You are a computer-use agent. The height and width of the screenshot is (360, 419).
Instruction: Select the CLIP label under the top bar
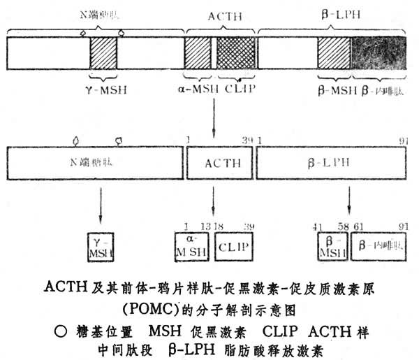pos(240,89)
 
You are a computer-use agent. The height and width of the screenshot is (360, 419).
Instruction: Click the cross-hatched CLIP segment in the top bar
pos(236,52)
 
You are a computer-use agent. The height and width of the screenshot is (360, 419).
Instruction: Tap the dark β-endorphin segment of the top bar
pos(381,52)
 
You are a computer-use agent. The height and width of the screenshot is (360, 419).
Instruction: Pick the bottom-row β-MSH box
pos(332,245)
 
